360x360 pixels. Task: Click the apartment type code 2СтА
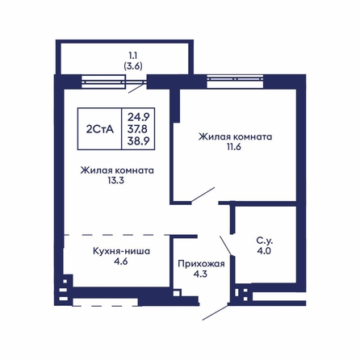[x=100, y=129]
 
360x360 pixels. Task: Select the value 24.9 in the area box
[x=139, y=117]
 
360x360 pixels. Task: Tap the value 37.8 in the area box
[x=137, y=129]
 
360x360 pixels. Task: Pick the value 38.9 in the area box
[x=139, y=141]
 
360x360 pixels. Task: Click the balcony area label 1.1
[x=133, y=56]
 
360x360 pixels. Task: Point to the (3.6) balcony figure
[x=133, y=66]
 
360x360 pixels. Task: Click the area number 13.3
[x=116, y=181]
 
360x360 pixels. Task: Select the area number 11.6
[x=233, y=147]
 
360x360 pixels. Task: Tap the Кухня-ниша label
[x=122, y=251]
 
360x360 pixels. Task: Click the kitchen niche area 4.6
[x=120, y=262]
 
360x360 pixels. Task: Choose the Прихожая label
[x=201, y=264]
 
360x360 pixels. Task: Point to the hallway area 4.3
[x=201, y=274]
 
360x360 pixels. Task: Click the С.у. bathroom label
[x=264, y=241]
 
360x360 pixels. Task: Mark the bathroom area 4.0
[x=264, y=251]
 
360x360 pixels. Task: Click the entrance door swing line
[x=216, y=312]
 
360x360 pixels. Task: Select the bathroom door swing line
[x=226, y=245]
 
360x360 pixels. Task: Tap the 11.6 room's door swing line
[x=203, y=195]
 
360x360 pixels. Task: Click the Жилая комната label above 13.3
[x=117, y=170]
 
